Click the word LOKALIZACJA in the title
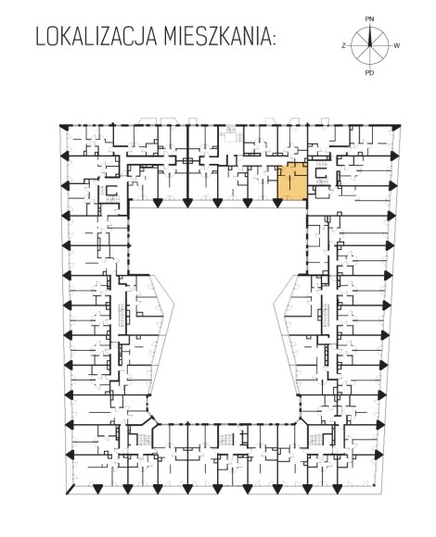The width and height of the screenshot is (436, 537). click(x=97, y=37)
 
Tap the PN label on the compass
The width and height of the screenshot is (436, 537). click(x=369, y=19)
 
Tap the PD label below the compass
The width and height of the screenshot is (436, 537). click(x=369, y=73)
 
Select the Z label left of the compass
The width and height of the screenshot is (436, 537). click(x=344, y=45)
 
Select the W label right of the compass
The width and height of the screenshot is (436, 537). click(x=397, y=45)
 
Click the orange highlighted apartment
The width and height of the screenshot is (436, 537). click(x=292, y=181)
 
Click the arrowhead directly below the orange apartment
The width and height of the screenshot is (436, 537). click(x=277, y=203)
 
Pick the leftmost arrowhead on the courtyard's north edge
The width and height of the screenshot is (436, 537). click(x=158, y=203)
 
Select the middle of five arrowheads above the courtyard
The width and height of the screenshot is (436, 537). click(x=217, y=203)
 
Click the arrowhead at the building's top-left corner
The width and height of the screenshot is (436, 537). click(x=63, y=126)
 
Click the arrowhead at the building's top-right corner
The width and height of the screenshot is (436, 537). click(x=396, y=128)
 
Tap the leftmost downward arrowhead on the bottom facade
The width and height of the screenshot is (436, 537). click(x=97, y=489)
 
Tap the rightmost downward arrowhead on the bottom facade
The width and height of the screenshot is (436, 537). click(x=337, y=489)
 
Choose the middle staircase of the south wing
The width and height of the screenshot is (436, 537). click(x=226, y=438)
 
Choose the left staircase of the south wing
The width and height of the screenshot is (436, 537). click(x=144, y=439)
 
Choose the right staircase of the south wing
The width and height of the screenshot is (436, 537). click(x=316, y=439)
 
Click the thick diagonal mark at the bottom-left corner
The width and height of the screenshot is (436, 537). click(x=71, y=490)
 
